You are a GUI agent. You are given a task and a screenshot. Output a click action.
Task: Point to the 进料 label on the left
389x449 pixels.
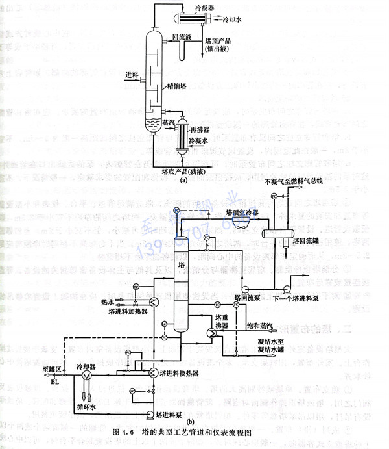click(132, 75)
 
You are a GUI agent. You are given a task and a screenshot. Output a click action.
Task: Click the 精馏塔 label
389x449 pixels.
click(177, 85)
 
